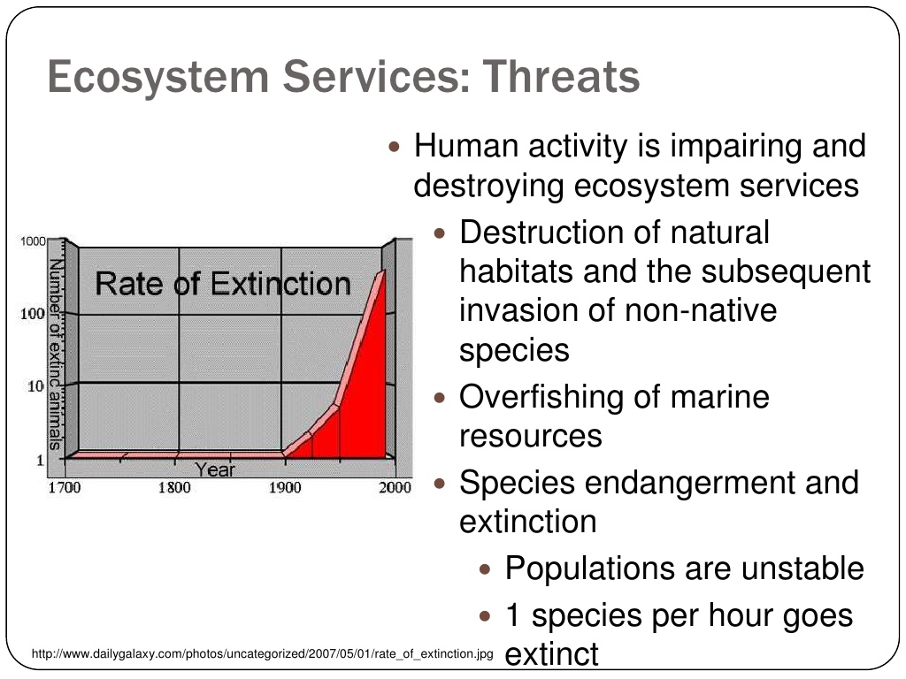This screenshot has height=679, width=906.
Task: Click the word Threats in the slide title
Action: pyautogui.click(x=561, y=76)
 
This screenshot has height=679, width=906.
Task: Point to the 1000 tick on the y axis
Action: pyautogui.click(x=33, y=240)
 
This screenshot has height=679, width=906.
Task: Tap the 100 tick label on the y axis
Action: pyautogui.click(x=33, y=314)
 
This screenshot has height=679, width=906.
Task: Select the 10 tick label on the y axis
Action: pyautogui.click(x=35, y=386)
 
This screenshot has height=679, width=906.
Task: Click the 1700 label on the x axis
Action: pyautogui.click(x=64, y=487)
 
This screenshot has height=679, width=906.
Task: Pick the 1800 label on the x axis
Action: pyautogui.click(x=174, y=487)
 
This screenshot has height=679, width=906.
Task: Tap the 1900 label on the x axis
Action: pyautogui.click(x=285, y=487)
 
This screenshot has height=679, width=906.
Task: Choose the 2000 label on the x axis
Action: pyautogui.click(x=395, y=487)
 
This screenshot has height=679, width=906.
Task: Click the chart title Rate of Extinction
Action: pyautogui.click(x=223, y=284)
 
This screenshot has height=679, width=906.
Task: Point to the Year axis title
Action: pyautogui.click(x=215, y=469)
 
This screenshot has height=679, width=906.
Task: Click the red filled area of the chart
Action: pyautogui.click(x=358, y=404)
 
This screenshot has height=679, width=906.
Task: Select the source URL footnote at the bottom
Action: pyautogui.click(x=262, y=653)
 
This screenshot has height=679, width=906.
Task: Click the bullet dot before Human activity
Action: pyautogui.click(x=394, y=147)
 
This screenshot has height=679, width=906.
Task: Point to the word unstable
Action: pyautogui.click(x=802, y=568)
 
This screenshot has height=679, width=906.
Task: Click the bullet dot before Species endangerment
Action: pyautogui.click(x=440, y=483)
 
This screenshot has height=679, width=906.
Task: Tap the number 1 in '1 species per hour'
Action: pyautogui.click(x=512, y=615)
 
